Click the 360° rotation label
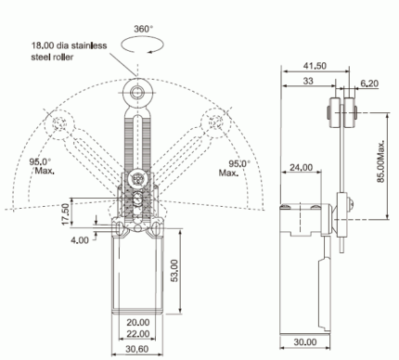[x=143, y=29]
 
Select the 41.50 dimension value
[x=315, y=66]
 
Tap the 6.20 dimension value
[x=369, y=84]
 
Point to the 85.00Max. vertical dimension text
[x=381, y=161]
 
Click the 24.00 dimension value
[x=301, y=167]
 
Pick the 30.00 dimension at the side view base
[x=305, y=341]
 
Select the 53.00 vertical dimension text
[x=174, y=271]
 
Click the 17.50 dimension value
[x=65, y=214]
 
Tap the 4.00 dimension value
[x=80, y=240]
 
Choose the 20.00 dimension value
[x=138, y=322]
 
